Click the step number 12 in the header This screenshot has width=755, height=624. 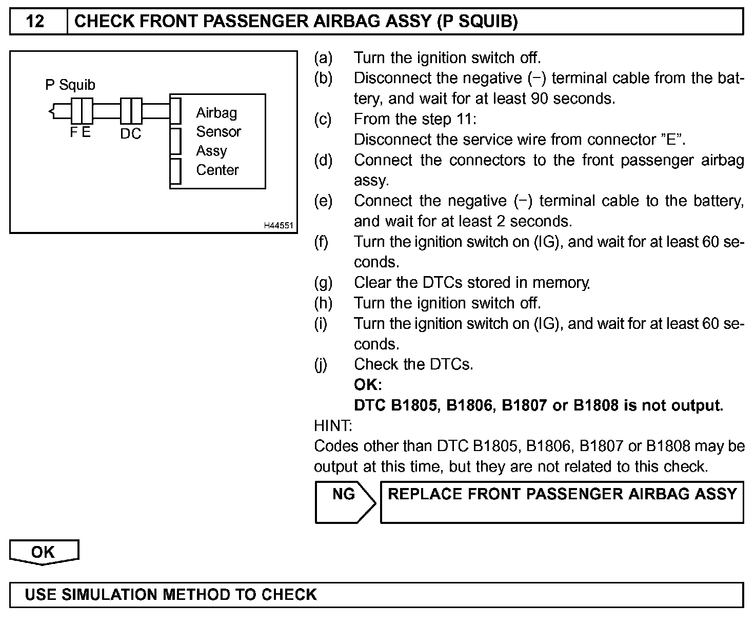35,22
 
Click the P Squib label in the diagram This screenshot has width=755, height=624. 70,85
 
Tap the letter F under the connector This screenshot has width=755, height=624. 74,132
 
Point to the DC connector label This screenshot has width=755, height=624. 130,134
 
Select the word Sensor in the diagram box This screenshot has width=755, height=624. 218,132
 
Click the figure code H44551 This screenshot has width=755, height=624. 280,225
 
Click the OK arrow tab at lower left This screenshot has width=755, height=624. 44,552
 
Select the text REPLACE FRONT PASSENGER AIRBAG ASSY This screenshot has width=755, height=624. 562,494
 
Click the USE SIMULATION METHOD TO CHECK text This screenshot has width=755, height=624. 171,594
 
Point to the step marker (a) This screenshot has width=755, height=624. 323,58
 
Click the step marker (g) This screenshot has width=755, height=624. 323,283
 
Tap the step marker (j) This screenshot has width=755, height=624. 321,364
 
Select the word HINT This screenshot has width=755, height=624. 333,425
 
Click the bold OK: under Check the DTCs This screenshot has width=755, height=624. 368,385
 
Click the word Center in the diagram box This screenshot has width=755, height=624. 217,170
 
